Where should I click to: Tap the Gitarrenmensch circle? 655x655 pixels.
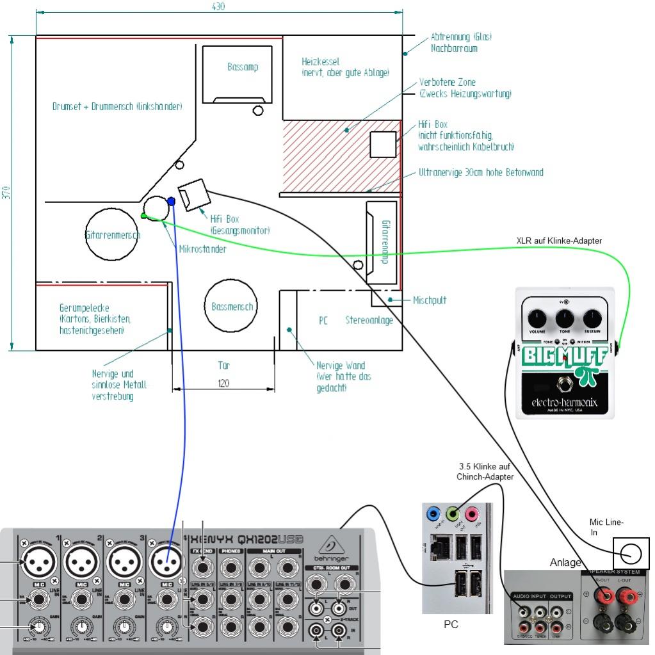coord(113,235)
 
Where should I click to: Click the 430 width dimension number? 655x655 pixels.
coord(218,6)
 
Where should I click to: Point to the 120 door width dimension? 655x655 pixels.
coord(223,383)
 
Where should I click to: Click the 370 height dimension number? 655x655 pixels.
coord(6,191)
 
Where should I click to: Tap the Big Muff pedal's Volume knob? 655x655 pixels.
coord(538,317)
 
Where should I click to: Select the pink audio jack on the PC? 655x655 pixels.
coord(473,513)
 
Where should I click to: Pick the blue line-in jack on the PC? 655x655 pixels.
coord(433,513)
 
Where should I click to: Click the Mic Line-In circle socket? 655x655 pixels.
coord(631,553)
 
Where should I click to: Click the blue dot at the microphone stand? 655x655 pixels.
coord(171,201)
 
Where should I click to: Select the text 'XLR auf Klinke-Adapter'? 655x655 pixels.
coord(559,241)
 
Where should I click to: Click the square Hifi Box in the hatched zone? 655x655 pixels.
coord(384,144)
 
